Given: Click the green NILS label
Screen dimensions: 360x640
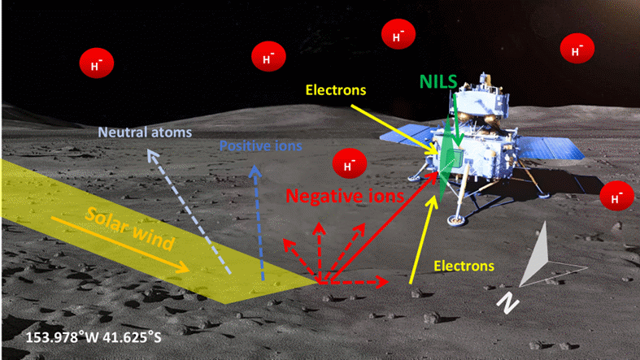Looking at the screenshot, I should click(x=438, y=81).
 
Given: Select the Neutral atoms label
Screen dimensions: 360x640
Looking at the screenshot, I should click(x=144, y=132).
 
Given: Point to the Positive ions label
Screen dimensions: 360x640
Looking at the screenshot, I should click(x=261, y=146).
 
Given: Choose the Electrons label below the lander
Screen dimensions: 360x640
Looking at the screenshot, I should click(x=464, y=266).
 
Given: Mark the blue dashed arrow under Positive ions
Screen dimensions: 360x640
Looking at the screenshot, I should click(x=259, y=219).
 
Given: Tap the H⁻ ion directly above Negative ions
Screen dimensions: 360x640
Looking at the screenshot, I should click(x=349, y=164).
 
